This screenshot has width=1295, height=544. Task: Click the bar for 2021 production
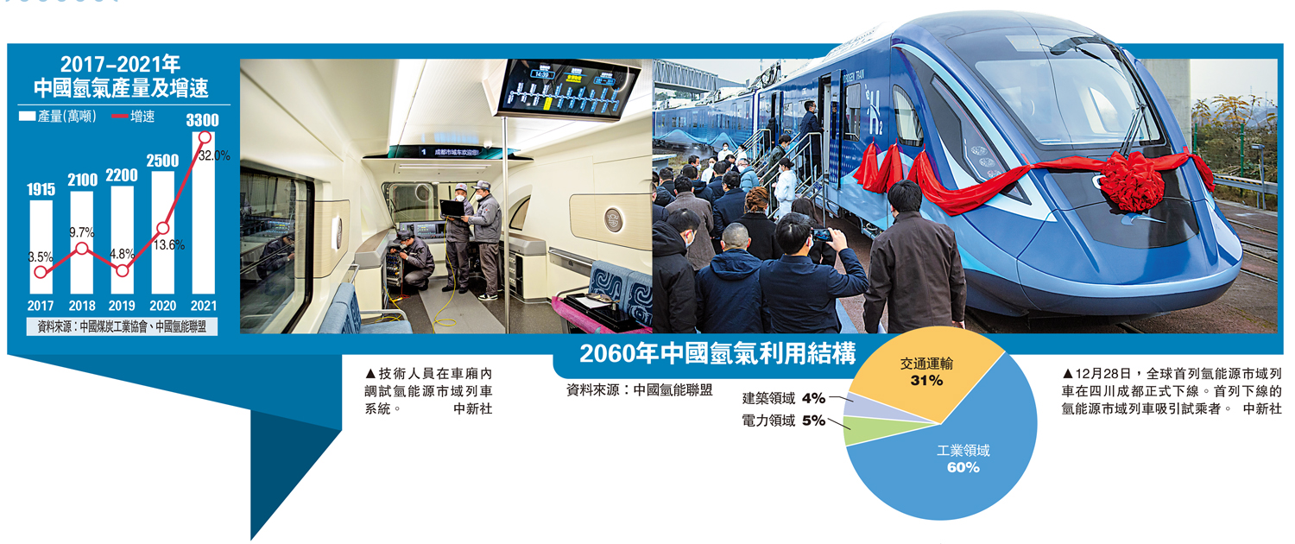[x=204, y=216]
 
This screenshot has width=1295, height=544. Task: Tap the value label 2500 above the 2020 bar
[x=162, y=161]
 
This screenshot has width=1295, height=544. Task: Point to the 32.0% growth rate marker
[x=205, y=136]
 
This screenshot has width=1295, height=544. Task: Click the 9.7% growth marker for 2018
[x=81, y=249]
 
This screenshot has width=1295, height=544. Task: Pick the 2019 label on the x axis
[x=122, y=306]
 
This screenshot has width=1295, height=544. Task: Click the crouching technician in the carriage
[x=416, y=259]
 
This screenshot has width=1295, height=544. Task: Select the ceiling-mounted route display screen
[x=568, y=87]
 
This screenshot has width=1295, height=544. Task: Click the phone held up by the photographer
[x=823, y=234]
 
